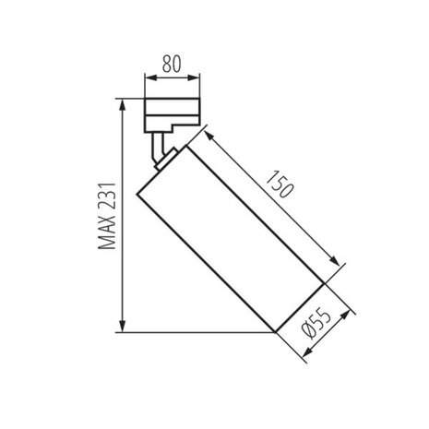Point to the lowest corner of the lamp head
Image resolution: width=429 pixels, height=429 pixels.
coord(275,331)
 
